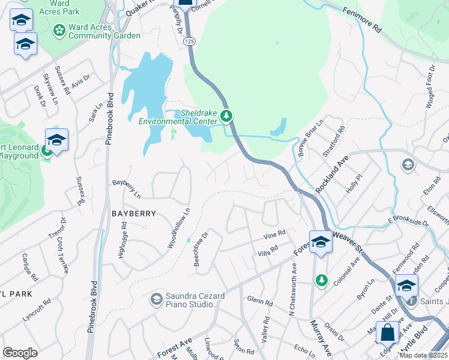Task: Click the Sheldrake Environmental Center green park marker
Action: pyautogui.click(x=226, y=116)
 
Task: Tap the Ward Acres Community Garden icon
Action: pyautogui.click(x=59, y=29)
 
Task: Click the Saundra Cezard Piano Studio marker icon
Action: pyautogui.click(x=157, y=299)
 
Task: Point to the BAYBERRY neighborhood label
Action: pyautogui.click(x=133, y=214)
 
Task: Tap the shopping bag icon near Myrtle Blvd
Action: pyautogui.click(x=388, y=331)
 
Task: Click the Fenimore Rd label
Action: pyautogui.click(x=371, y=20)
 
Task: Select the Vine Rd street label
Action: pyautogui.click(x=273, y=234)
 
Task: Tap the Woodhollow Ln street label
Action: pyautogui.click(x=179, y=229)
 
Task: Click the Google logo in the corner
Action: pyautogui.click(x=20, y=353)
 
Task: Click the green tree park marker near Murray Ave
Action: pyautogui.click(x=322, y=280)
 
